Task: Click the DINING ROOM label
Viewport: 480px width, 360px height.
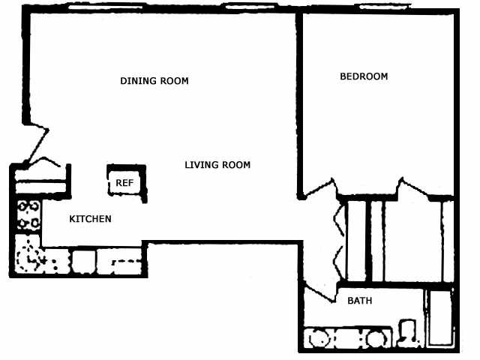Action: pos(154,81)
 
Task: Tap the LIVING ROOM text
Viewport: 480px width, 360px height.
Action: pos(217,165)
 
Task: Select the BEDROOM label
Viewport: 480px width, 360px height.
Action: pos(364,76)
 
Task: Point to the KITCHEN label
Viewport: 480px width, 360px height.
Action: pos(90,219)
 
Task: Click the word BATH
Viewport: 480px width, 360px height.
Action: pos(360,301)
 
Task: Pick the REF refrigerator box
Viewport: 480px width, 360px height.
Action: pos(126,183)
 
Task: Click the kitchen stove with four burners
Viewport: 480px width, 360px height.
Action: pos(28,216)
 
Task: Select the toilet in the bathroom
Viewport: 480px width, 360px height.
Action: pos(409,333)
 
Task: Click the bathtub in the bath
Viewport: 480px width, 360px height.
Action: pos(440,318)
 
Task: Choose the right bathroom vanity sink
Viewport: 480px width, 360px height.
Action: pos(376,338)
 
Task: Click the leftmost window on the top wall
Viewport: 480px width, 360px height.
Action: pos(106,6)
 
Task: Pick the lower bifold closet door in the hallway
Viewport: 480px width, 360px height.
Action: pos(339,263)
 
